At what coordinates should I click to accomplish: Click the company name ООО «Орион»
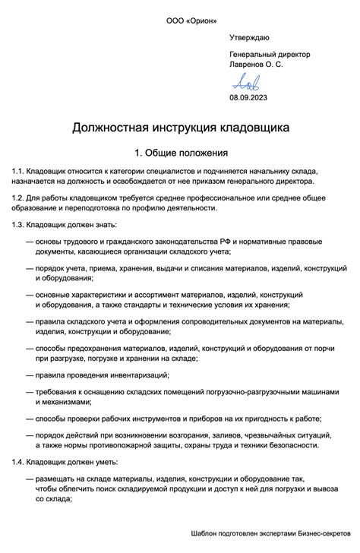pyautogui.click(x=179, y=20)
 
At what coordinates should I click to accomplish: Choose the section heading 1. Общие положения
pyautogui.click(x=180, y=152)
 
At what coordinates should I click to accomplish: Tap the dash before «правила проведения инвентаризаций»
pyautogui.click(x=30, y=374)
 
